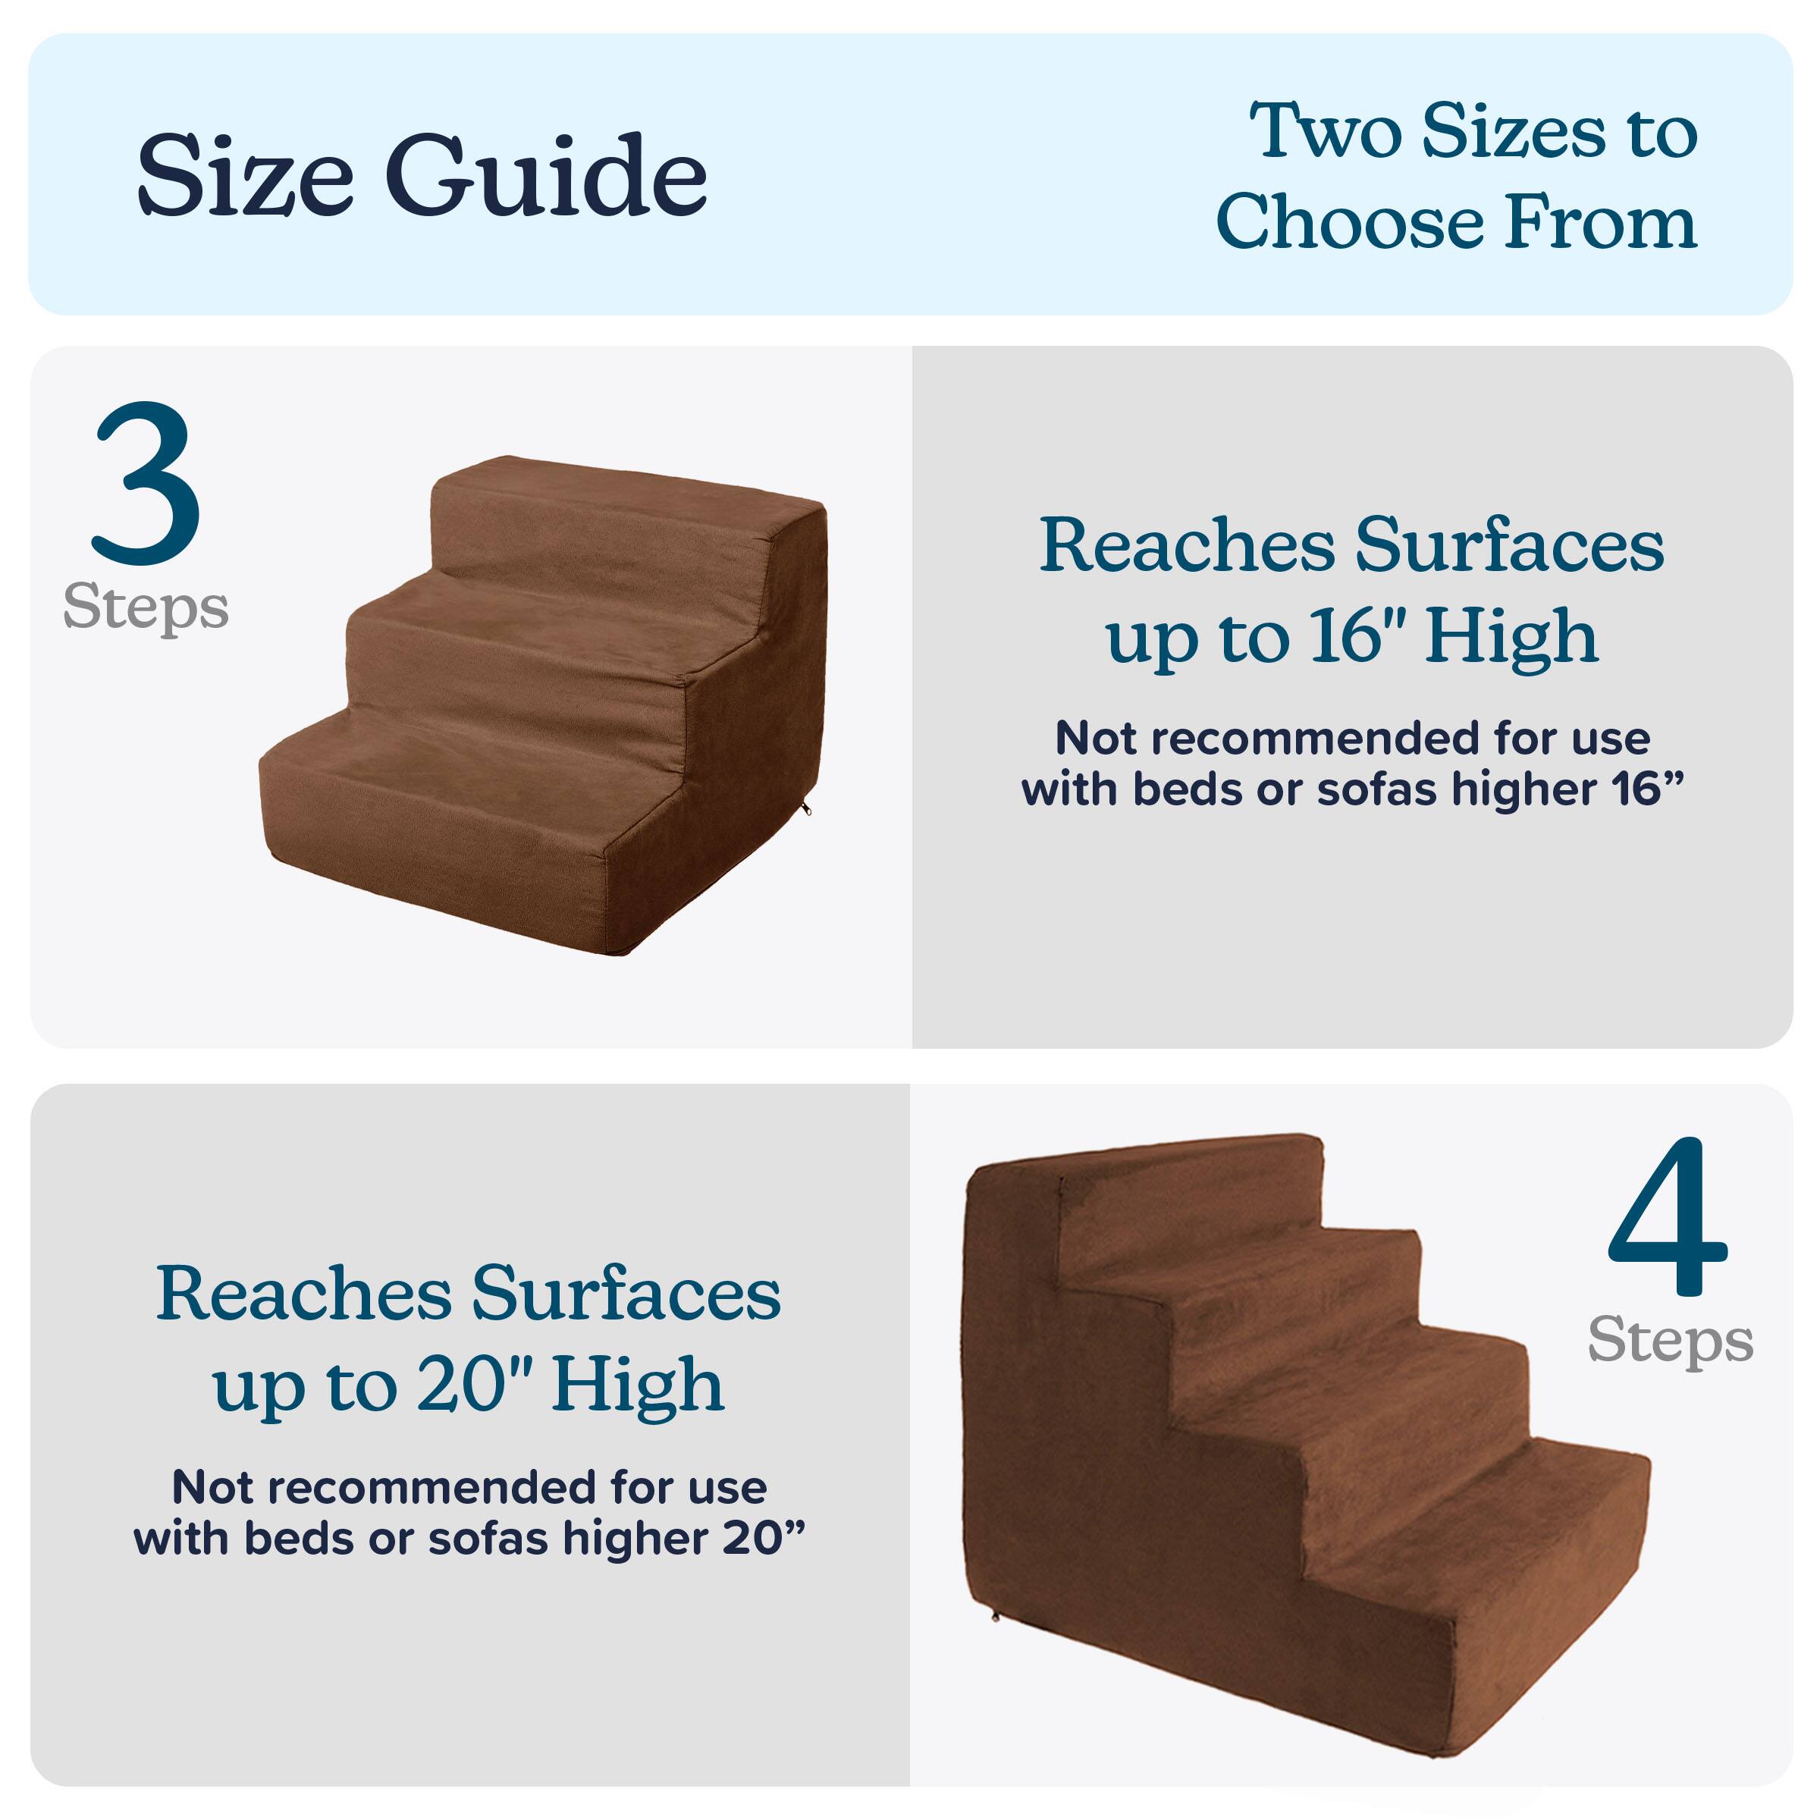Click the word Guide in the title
coord(546,176)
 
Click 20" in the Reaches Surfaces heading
coord(475,1385)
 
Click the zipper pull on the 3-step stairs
coord(806,809)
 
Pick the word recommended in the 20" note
coord(438,1489)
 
